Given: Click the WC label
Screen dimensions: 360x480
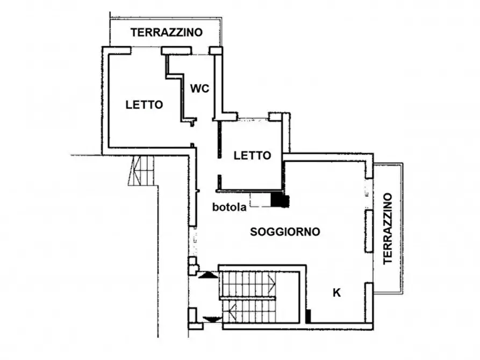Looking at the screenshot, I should click(x=199, y=89).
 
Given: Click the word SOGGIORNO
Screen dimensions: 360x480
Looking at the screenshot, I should click(x=285, y=232).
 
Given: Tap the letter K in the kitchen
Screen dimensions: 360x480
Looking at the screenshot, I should click(x=337, y=293).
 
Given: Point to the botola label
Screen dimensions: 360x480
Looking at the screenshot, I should click(x=229, y=207).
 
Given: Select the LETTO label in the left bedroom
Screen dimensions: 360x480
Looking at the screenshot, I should click(x=144, y=105).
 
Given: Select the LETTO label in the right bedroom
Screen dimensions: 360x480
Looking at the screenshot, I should click(x=252, y=156).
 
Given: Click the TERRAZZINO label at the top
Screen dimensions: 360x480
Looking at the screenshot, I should click(x=167, y=32).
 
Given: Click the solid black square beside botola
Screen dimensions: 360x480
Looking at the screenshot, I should click(x=279, y=200).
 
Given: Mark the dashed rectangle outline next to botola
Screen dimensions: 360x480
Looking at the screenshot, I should click(x=260, y=199).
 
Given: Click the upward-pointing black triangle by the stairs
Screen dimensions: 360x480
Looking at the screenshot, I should click(x=209, y=275).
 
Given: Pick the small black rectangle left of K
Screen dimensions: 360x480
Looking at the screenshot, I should click(x=308, y=316).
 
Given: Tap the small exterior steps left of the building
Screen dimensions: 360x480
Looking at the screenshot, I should click(x=142, y=170).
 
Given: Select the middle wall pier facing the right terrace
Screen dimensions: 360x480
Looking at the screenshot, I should click(x=369, y=231).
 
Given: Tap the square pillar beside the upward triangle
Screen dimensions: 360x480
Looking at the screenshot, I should click(x=192, y=266).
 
